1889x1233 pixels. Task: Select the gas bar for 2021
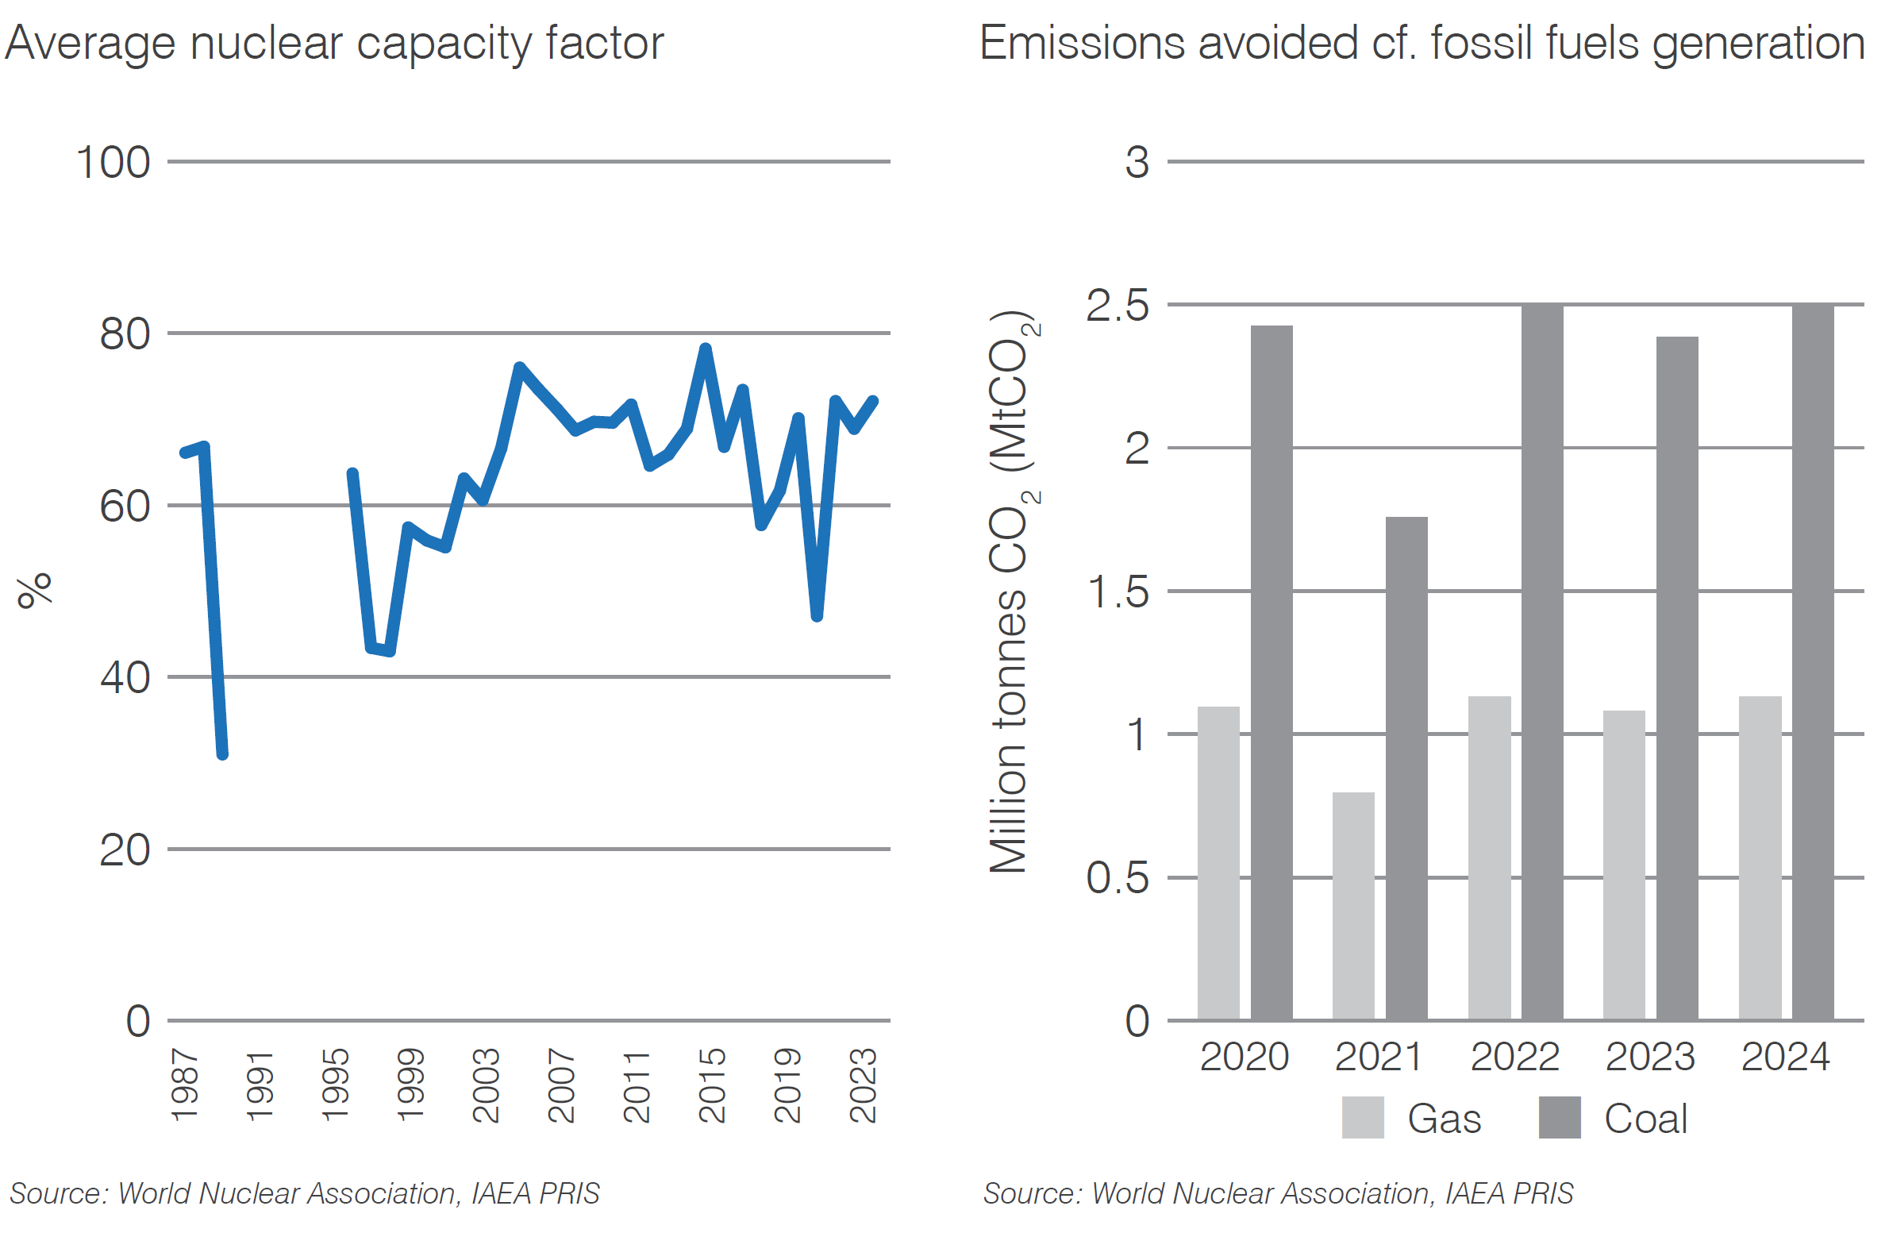coord(1353,905)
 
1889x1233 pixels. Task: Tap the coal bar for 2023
coord(1677,678)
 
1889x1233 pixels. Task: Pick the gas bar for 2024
coord(1760,857)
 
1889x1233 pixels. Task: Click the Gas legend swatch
coord(1363,1117)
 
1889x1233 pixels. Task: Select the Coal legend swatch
coord(1559,1117)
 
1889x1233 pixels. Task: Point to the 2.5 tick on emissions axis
coord(1117,306)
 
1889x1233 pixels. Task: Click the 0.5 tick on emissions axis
coord(1117,878)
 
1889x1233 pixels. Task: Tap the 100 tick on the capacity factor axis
coord(113,163)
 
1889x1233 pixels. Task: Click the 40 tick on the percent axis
coord(125,678)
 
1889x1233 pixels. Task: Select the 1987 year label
coord(184,1085)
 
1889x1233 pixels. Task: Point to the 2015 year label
coord(712,1085)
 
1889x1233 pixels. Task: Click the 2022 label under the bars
coord(1514,1057)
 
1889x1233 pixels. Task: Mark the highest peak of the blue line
coord(705,349)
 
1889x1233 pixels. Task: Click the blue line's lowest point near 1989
coord(222,753)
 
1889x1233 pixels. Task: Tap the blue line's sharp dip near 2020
coord(817,615)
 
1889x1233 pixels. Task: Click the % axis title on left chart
coord(35,590)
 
